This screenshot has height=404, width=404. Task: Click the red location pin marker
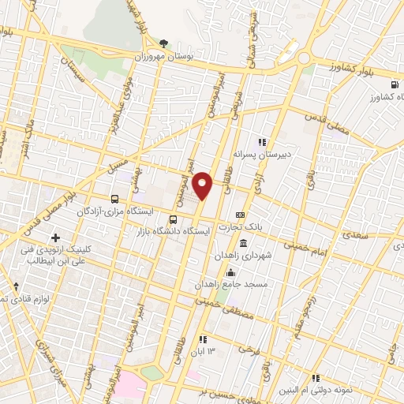click(x=204, y=185)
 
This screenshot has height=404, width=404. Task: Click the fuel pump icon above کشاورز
click(x=393, y=85)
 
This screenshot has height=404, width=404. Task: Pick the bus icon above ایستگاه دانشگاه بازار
click(x=174, y=219)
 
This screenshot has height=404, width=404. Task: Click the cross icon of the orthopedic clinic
click(x=55, y=238)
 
